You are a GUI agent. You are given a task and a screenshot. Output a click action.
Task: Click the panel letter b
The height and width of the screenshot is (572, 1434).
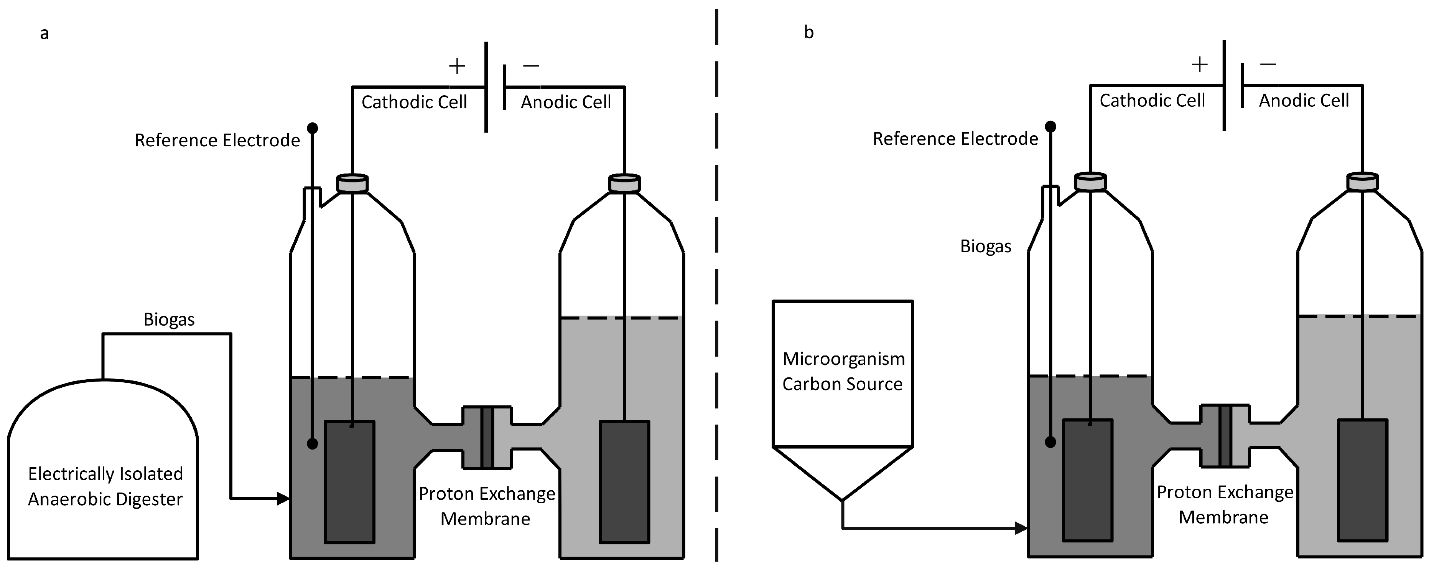tap(809, 32)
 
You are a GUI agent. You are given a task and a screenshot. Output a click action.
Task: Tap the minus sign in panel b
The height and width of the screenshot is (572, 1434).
tap(1268, 64)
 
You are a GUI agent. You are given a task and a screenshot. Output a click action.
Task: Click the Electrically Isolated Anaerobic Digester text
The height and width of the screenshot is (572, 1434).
tap(105, 486)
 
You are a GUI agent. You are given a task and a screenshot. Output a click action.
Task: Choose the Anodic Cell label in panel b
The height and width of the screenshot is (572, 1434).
tap(1304, 100)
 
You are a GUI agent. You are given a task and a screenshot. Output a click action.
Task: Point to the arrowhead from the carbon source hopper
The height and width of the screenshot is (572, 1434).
tap(1021, 527)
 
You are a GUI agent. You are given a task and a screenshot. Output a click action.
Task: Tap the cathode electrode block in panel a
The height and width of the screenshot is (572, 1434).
tap(350, 482)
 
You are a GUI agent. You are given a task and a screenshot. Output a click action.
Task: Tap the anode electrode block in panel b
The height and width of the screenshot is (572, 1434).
tap(1362, 480)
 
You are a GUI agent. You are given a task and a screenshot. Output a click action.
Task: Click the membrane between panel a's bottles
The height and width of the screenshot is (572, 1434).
tap(487, 437)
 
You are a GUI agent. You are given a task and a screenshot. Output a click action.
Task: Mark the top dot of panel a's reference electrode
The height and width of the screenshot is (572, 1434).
tap(313, 128)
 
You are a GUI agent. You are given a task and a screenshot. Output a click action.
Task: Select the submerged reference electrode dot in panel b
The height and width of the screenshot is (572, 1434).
tap(1050, 442)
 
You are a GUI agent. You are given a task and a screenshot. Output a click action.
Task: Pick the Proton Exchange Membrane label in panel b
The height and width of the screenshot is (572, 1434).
tap(1225, 504)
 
